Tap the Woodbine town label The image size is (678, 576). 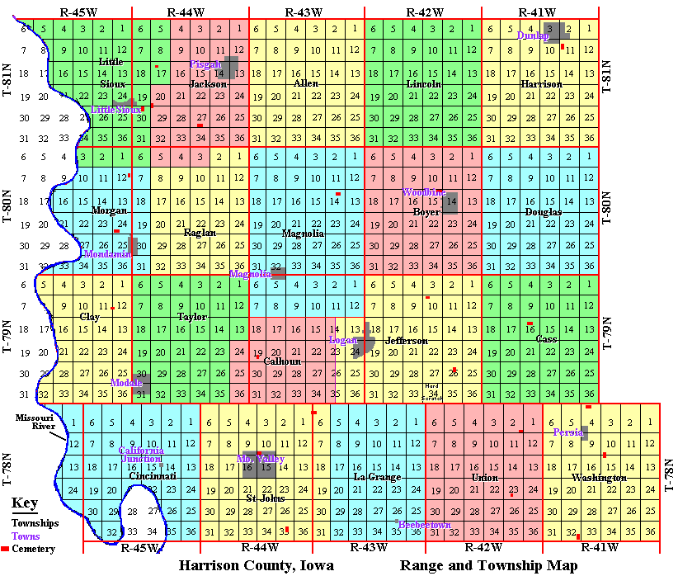point(422,192)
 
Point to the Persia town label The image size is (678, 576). point(567,432)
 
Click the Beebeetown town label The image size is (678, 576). point(424,525)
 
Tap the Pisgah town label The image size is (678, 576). point(206,64)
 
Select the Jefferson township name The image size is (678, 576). point(407,341)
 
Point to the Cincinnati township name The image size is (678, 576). point(153,477)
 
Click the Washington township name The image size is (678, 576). point(600,478)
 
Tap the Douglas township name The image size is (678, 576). point(543,212)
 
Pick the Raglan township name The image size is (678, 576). point(200,233)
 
